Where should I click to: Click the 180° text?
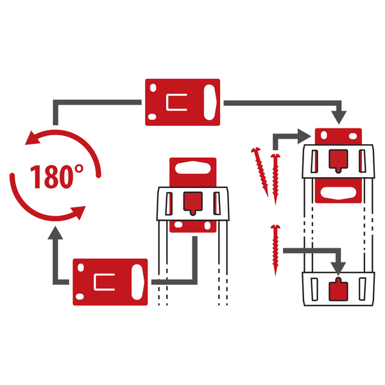point(56,176)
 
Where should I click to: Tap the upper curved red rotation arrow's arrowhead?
point(33,138)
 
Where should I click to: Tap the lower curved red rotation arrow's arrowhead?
point(78,212)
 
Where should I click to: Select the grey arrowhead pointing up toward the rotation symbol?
point(55,233)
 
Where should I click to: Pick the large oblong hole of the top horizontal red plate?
point(210,102)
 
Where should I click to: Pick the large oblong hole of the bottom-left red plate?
point(137,282)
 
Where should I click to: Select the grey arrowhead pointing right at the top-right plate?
point(304,136)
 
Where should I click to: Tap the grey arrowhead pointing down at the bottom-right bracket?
point(338,268)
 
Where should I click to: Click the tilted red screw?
point(261,171)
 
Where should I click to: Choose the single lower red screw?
point(275,250)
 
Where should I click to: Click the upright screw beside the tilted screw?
point(275,179)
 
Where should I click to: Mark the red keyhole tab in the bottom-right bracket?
point(338,290)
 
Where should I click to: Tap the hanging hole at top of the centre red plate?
point(193,167)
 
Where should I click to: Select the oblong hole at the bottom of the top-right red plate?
point(338,193)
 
